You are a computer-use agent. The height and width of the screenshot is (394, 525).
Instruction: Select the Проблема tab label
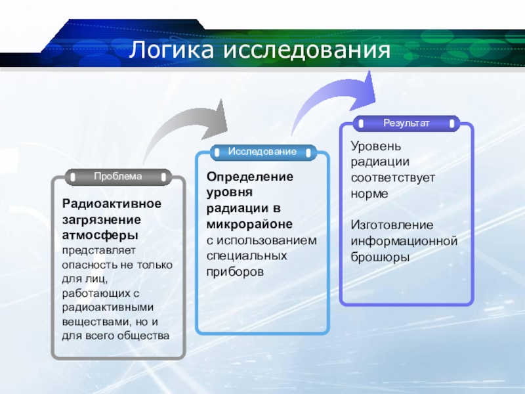coord(117,177)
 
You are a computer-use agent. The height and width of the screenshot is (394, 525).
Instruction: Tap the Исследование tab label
coord(262,152)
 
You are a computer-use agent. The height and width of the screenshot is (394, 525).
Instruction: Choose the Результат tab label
coord(406,123)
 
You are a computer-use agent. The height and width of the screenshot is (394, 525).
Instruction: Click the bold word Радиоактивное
coord(112,204)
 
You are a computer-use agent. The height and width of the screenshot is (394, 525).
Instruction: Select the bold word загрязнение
coord(102,219)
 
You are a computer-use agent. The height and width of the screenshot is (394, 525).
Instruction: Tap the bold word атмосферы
coord(100,234)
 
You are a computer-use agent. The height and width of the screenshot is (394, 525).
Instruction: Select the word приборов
coord(235,271)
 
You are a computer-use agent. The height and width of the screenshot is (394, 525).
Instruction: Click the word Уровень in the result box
coord(375,146)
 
